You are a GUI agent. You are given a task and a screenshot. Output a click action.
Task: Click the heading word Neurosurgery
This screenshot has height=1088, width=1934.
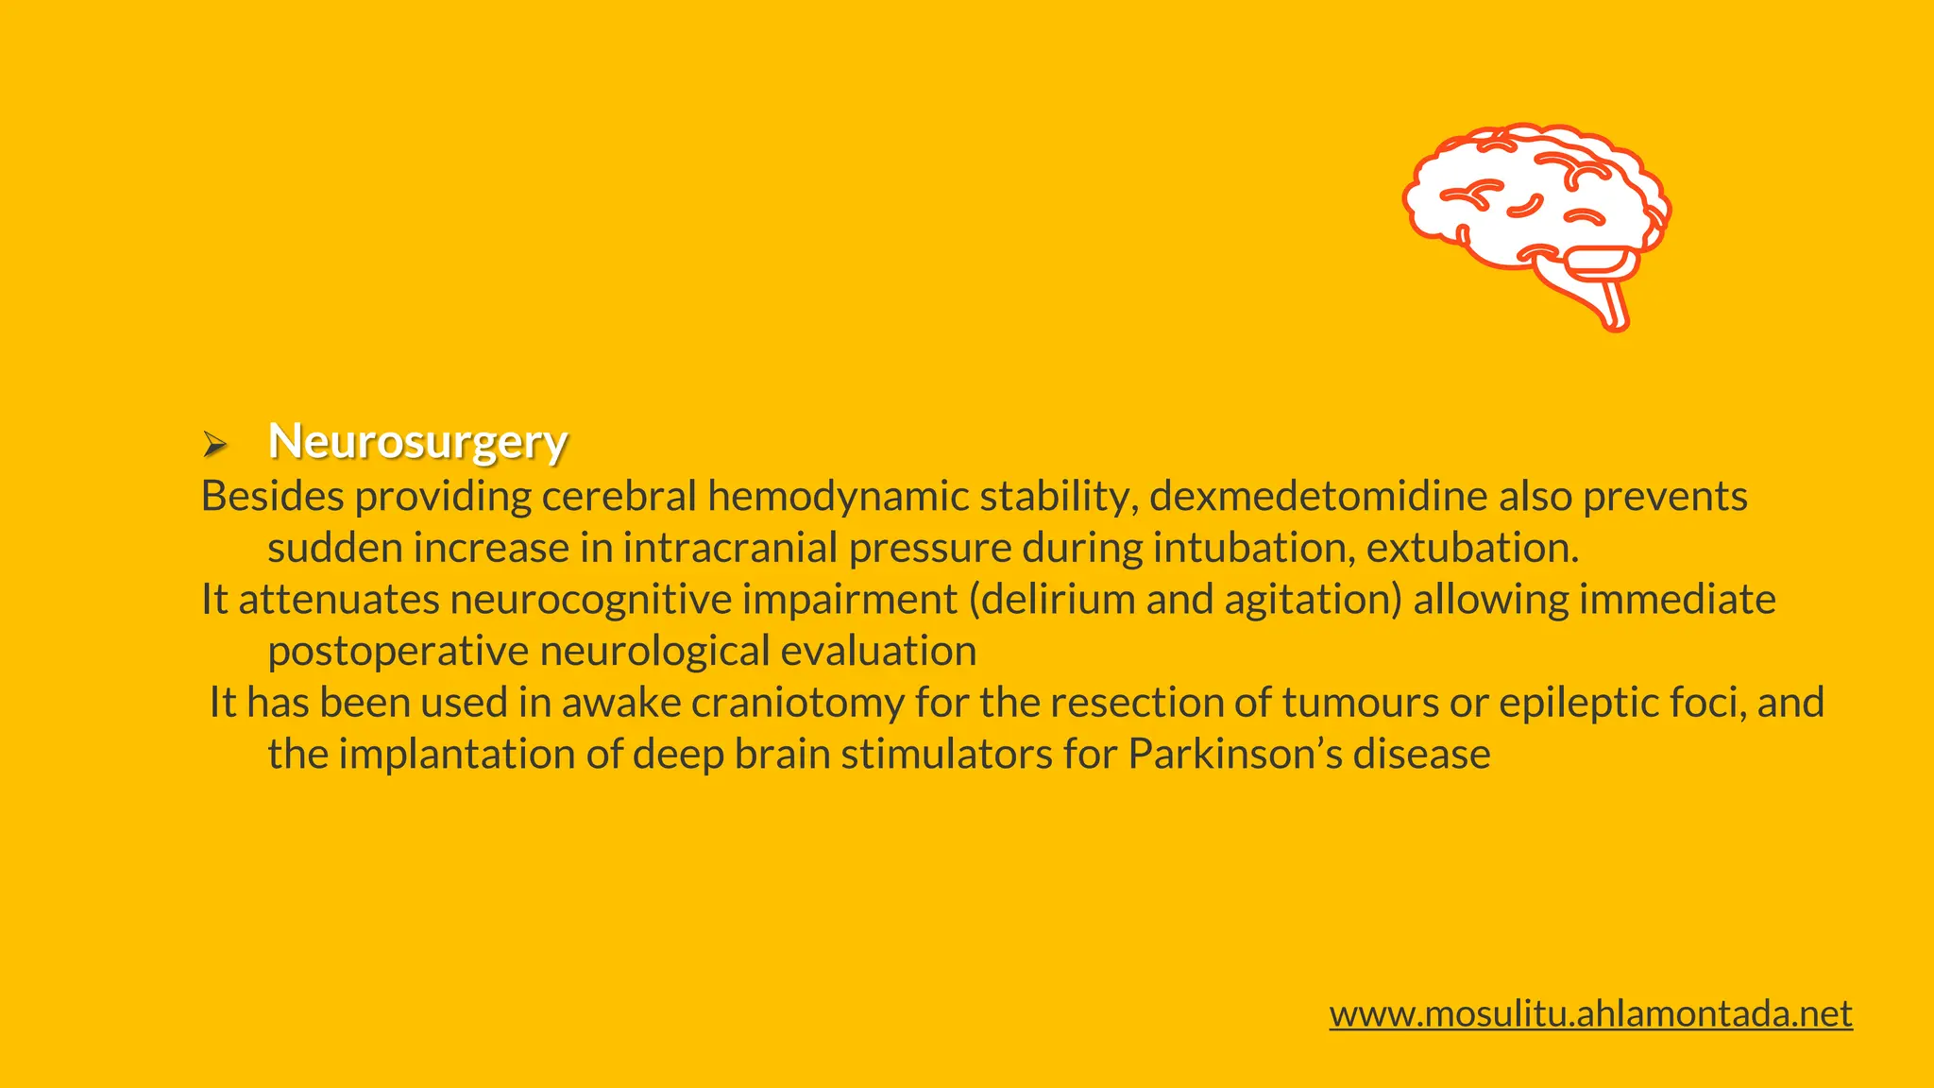[x=417, y=441]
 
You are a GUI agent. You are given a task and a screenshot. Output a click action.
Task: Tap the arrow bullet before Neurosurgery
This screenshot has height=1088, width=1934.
[x=214, y=443]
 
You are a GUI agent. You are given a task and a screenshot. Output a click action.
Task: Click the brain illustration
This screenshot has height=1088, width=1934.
[x=1535, y=213]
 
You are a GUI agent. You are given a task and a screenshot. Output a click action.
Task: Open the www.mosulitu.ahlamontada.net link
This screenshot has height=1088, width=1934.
[x=1590, y=1013]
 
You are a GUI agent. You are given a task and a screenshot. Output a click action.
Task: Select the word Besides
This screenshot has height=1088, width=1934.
[x=272, y=497]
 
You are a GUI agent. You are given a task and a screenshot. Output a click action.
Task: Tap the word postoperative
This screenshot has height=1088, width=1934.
[x=398, y=652]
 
